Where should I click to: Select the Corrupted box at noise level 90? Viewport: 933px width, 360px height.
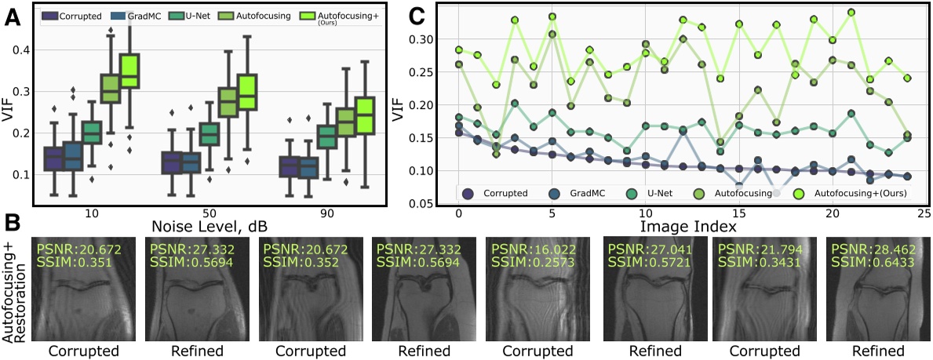290,167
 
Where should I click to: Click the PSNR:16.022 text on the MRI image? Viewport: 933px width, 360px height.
523,249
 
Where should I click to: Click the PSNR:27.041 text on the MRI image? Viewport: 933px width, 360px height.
638,249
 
